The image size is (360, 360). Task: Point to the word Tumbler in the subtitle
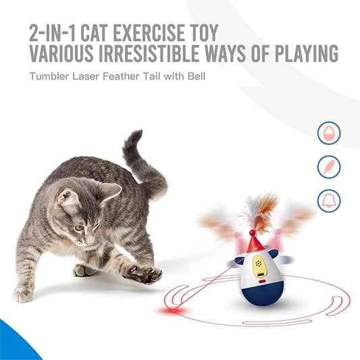48,76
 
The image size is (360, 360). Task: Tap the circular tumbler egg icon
329,133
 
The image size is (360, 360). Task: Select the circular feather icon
329,166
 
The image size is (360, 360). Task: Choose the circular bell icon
329,199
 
